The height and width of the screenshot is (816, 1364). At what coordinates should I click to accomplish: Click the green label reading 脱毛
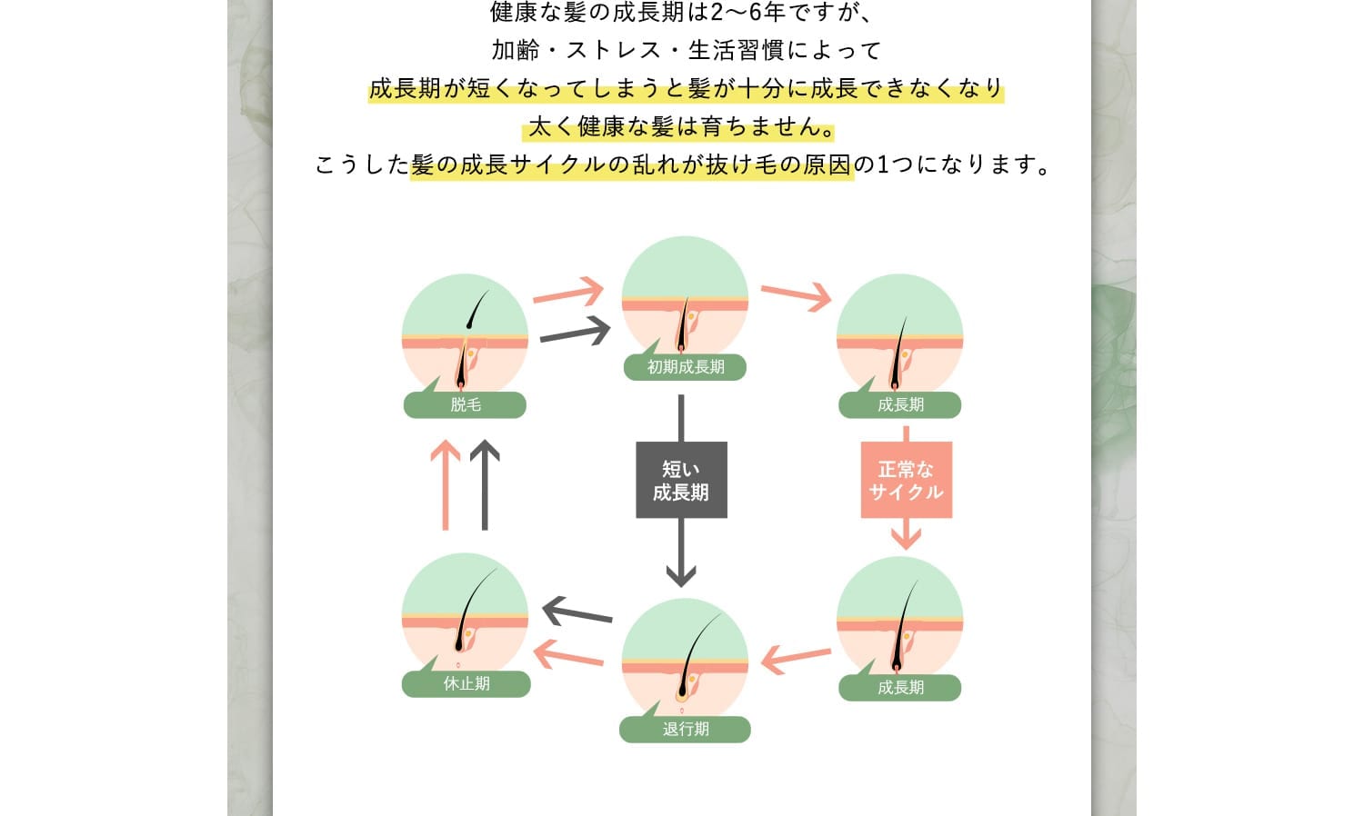click(x=465, y=405)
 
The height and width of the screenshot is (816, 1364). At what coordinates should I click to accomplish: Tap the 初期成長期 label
click(x=685, y=367)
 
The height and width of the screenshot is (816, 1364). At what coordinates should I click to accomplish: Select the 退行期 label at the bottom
click(x=685, y=729)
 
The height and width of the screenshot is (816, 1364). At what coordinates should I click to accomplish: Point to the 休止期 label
click(x=466, y=683)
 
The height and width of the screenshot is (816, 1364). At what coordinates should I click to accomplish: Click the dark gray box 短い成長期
click(x=681, y=480)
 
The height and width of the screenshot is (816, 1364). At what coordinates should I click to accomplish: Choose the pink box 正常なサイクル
click(x=906, y=480)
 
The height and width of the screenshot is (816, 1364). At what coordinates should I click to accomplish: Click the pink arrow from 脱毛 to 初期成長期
click(x=568, y=293)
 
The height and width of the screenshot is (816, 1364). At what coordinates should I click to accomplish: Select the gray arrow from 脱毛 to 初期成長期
click(x=575, y=331)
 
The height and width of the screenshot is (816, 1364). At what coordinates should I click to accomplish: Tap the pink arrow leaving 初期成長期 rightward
click(x=797, y=295)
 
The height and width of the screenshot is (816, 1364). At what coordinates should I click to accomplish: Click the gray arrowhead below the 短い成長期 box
click(x=681, y=572)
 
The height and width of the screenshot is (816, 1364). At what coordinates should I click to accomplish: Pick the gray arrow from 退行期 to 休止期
click(x=577, y=612)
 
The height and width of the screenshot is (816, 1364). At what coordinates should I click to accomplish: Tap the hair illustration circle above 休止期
click(x=465, y=614)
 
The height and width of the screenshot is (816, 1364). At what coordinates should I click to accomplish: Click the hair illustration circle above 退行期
click(x=685, y=659)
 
